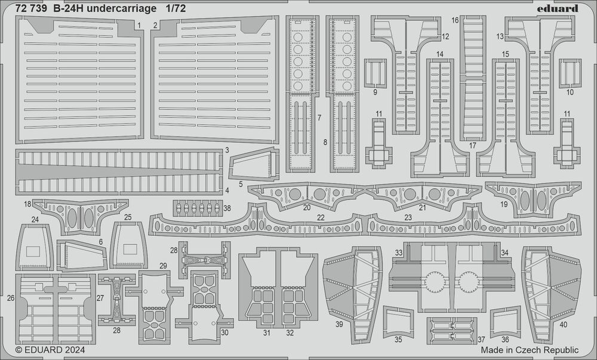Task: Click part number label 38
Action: click(227, 208)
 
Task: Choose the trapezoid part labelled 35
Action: click(397, 322)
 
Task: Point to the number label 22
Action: click(321, 217)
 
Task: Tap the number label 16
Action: click(455, 20)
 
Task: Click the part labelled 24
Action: click(35, 247)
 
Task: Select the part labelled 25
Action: click(127, 245)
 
